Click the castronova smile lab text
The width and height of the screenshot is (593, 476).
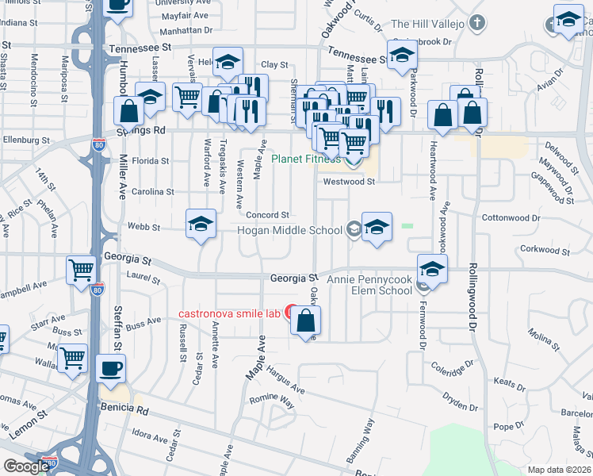tap(229, 313)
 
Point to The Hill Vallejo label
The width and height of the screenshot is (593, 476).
tap(427, 24)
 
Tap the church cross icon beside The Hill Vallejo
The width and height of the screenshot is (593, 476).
tap(476, 22)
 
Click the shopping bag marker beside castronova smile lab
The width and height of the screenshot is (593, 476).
tap(306, 321)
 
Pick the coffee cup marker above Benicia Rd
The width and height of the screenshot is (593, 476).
tap(110, 368)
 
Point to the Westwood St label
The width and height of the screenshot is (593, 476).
tap(348, 182)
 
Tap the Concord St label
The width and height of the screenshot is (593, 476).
tap(266, 215)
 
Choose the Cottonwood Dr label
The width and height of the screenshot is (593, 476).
tap(511, 217)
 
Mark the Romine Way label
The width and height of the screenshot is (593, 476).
tap(272, 401)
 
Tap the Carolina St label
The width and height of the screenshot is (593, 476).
tap(154, 192)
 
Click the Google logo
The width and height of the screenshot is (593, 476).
tap(25, 466)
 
